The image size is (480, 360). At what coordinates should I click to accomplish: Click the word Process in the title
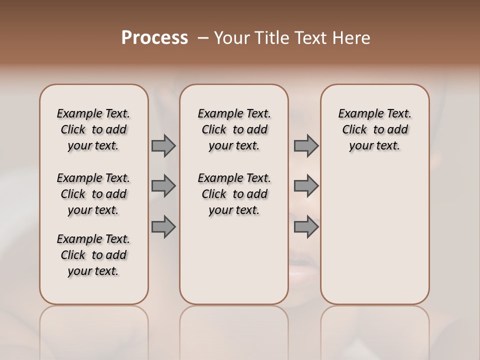[x=154, y=38]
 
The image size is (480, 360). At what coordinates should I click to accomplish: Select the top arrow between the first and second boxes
[x=163, y=145]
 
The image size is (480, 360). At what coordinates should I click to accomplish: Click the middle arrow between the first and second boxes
[x=163, y=186]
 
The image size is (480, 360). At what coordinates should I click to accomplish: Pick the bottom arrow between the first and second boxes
[x=163, y=227]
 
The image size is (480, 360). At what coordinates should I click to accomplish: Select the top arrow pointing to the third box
[x=306, y=145]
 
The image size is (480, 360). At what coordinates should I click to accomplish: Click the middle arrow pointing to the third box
[x=306, y=186]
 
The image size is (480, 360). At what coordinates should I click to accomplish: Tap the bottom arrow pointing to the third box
[x=306, y=227]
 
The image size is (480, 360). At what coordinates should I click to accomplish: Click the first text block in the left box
[x=93, y=129]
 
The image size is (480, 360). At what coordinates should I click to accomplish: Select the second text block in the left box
[x=93, y=194]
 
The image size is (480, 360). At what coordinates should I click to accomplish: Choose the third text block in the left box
[x=93, y=255]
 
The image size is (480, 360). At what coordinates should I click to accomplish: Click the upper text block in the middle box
[x=234, y=129]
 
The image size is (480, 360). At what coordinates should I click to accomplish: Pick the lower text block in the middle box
[x=234, y=194]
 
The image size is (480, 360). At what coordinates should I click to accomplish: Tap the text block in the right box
[x=375, y=129]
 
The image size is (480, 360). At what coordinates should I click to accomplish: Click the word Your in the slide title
[x=230, y=38]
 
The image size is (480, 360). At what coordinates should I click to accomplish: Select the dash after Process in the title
[x=203, y=38]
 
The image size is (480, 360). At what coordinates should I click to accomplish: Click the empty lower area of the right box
[x=375, y=235]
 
